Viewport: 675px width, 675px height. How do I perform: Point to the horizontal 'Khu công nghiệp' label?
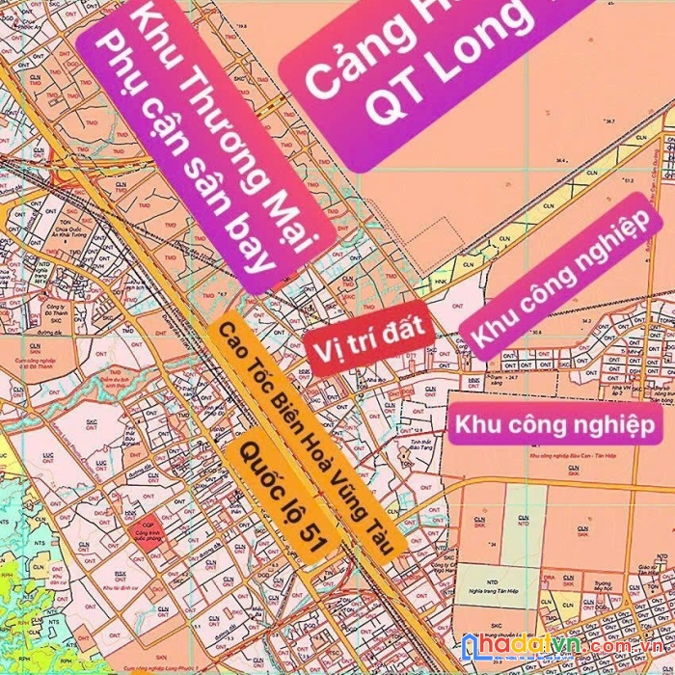click(554, 425)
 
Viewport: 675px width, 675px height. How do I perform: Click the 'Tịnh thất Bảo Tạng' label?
click(417, 418)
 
